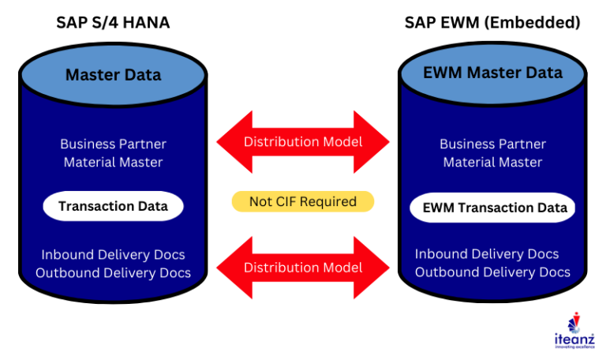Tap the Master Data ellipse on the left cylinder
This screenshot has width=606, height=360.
click(x=113, y=75)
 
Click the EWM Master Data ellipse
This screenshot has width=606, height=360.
click(x=492, y=73)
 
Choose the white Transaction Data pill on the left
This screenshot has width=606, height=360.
click(x=113, y=206)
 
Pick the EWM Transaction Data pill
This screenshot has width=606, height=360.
click(x=492, y=208)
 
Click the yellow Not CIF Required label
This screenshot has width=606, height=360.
click(x=302, y=201)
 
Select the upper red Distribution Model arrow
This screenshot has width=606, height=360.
click(x=302, y=142)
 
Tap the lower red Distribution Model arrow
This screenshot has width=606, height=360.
click(x=302, y=268)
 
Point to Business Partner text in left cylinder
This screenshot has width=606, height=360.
click(x=113, y=144)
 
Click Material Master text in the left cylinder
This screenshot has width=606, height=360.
click(x=113, y=163)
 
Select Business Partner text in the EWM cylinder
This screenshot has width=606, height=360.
click(x=492, y=144)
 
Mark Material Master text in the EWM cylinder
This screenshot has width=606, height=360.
click(x=492, y=163)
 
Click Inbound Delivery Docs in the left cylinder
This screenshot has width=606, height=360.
click(x=113, y=254)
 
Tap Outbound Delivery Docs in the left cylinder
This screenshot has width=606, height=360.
click(x=113, y=273)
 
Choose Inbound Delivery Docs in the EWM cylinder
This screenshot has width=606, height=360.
click(x=487, y=254)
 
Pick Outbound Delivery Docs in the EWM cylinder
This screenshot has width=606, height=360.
click(x=492, y=272)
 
